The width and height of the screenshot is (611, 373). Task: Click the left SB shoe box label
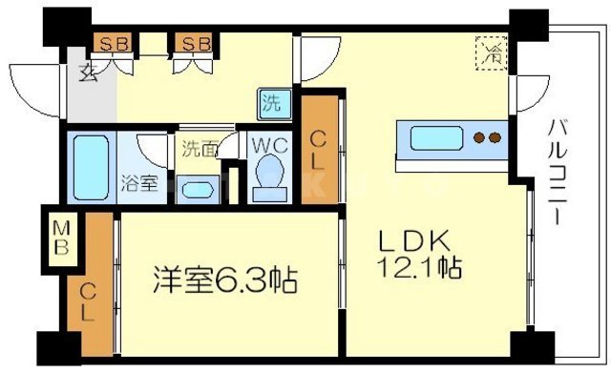coord(116,43)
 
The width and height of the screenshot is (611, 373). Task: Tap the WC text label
coord(264,148)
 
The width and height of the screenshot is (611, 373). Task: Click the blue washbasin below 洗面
coord(198,187)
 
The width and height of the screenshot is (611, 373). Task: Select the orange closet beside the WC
coord(320,150)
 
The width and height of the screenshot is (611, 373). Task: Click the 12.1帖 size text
coord(424,266)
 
